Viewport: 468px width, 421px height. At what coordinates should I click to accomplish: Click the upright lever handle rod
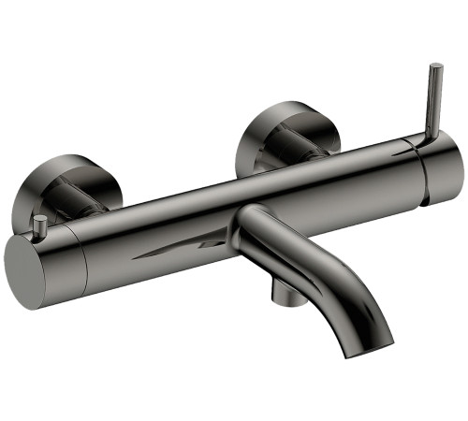[434, 103]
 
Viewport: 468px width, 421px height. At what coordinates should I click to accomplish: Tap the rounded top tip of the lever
[435, 66]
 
